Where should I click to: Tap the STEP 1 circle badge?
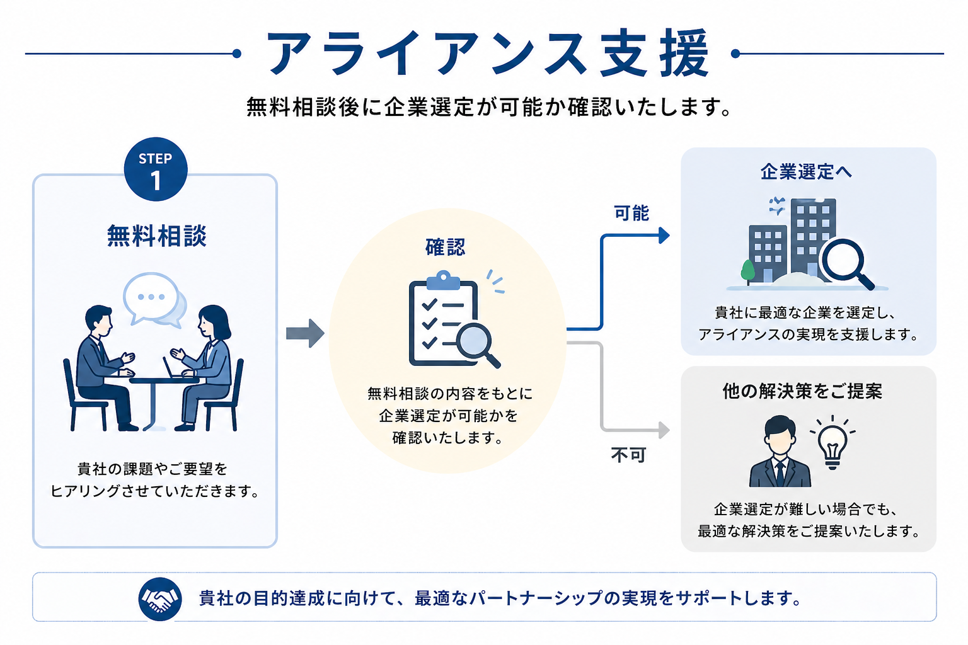click(156, 169)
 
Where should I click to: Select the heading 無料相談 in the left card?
click(156, 236)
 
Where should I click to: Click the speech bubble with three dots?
click(151, 296)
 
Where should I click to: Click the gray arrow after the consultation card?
click(305, 333)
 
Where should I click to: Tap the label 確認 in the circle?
click(446, 247)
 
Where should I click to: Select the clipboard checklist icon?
click(441, 321)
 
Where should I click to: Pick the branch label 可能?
click(631, 214)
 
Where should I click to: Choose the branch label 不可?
click(628, 455)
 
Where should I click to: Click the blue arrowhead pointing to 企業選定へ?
click(664, 236)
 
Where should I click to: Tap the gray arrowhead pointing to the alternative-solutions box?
click(664, 430)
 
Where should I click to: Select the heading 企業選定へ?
click(806, 172)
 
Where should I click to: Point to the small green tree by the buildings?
click(748, 271)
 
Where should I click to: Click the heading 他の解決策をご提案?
click(802, 391)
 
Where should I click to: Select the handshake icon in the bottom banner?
click(160, 598)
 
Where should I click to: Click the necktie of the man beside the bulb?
click(781, 471)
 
